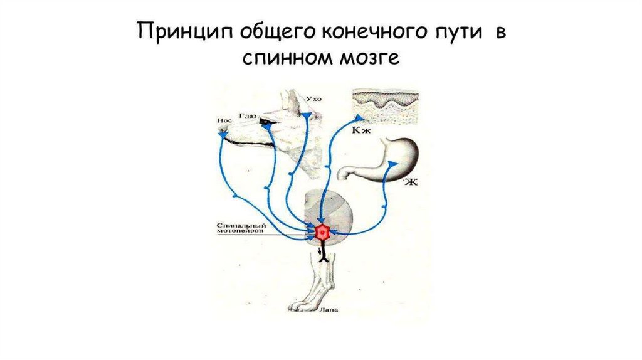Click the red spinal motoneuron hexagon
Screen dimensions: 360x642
tap(322, 232)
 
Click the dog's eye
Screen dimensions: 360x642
tap(268, 121)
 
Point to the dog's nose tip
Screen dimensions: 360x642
tap(222, 134)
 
